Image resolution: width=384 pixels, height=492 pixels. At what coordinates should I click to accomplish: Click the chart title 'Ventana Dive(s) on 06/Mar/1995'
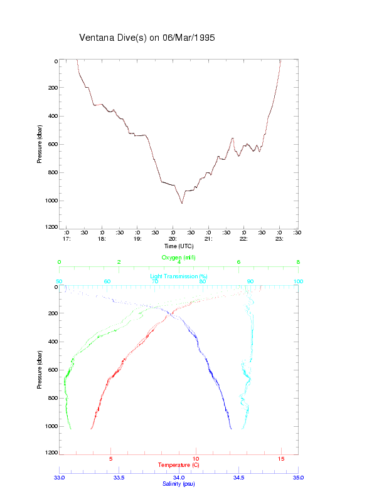pyautogui.click(x=147, y=38)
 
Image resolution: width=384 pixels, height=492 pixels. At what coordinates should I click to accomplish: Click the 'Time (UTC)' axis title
pyautogui.click(x=179, y=246)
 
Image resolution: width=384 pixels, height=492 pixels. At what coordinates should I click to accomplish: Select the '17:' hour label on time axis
pyautogui.click(x=66, y=239)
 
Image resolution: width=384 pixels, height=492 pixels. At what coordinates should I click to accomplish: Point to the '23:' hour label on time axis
pyautogui.click(x=279, y=239)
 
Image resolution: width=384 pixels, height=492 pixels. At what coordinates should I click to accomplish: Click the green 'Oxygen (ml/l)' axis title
pyautogui.click(x=179, y=258)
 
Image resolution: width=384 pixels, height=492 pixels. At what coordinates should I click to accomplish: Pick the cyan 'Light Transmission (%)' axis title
pyautogui.click(x=179, y=276)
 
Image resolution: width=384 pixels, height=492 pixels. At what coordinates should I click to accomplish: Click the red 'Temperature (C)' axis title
pyautogui.click(x=179, y=465)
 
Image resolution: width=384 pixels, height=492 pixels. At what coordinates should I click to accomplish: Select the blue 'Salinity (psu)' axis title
pyautogui.click(x=179, y=484)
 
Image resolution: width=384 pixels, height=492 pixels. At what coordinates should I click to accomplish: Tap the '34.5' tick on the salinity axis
pyautogui.click(x=238, y=478)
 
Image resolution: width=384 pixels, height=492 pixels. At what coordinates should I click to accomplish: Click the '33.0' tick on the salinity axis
pyautogui.click(x=60, y=478)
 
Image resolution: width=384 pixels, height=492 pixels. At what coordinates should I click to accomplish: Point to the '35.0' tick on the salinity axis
pyautogui.click(x=298, y=478)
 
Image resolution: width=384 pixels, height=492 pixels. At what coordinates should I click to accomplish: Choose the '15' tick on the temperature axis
pyautogui.click(x=281, y=459)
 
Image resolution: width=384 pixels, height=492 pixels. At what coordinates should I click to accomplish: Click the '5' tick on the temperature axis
pyautogui.click(x=111, y=459)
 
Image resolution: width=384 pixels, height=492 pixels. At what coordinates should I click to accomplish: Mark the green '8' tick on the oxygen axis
pyautogui.click(x=298, y=263)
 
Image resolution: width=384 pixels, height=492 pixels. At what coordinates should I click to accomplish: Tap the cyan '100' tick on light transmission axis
pyautogui.click(x=298, y=281)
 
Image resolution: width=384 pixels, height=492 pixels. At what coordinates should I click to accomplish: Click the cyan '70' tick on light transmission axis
pyautogui.click(x=155, y=281)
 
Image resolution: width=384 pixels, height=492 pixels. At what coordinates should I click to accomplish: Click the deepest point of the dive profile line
pyautogui.click(x=182, y=203)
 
